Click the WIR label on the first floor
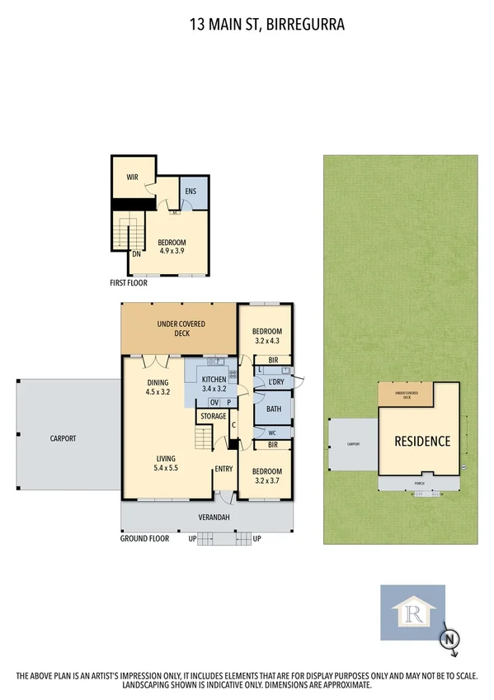coord(132,177)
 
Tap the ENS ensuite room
coord(190,192)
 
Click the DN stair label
coord(136,253)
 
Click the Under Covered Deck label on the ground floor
coord(181,329)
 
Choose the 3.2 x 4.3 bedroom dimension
coord(266,340)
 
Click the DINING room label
coord(158,382)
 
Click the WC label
coord(271,432)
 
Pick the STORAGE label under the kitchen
coord(214,416)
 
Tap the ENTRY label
coord(223,469)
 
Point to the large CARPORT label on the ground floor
coord(62,438)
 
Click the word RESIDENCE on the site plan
coord(421,441)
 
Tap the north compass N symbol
coord(449,638)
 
